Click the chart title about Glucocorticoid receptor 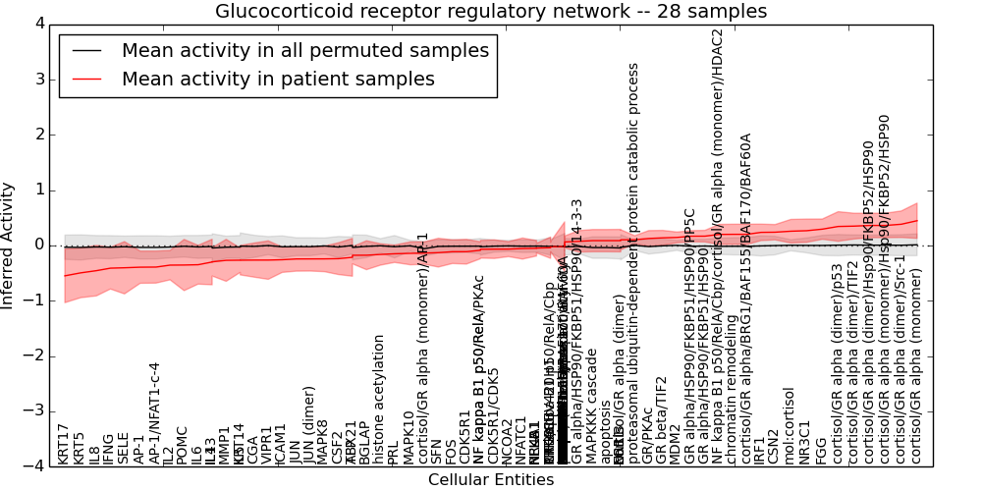(x=491, y=12)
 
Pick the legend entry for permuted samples (x=305, y=51)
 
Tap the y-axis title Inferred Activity (x=9, y=245)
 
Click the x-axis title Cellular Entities (x=491, y=480)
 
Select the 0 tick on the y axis (x=39, y=245)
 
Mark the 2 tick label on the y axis (x=39, y=135)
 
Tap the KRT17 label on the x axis (x=64, y=444)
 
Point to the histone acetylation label (x=379, y=399)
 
